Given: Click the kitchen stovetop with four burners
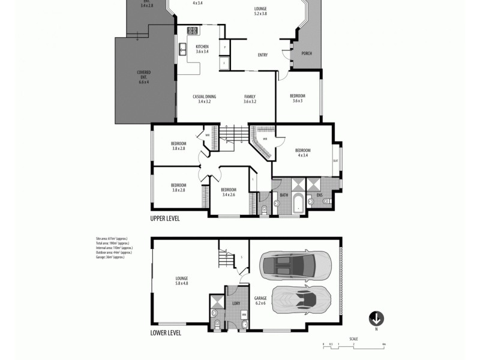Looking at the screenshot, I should [x=193, y=31].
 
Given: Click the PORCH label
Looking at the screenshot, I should [x=306, y=53].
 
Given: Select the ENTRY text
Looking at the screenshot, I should [x=263, y=55].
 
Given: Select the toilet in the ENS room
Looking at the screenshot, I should [x=327, y=202].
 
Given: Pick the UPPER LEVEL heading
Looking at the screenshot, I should [x=165, y=219].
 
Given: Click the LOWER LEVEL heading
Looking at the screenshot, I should [x=166, y=332].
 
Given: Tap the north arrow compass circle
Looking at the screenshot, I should [x=377, y=318].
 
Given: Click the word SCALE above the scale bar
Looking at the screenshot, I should [x=354, y=338].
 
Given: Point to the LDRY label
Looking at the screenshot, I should [x=236, y=304].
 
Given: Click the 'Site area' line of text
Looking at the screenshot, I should [x=113, y=238].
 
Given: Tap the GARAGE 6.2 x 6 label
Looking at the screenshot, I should [x=260, y=300].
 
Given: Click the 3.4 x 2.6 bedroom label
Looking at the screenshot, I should [x=228, y=192].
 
